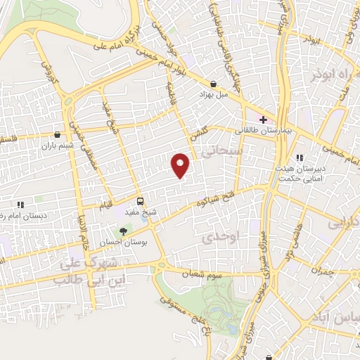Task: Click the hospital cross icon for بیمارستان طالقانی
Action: pos(263,120)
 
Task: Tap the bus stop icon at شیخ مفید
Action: pos(140,200)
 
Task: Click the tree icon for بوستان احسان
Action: pos(124,231)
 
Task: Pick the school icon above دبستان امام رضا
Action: pos(20,204)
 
